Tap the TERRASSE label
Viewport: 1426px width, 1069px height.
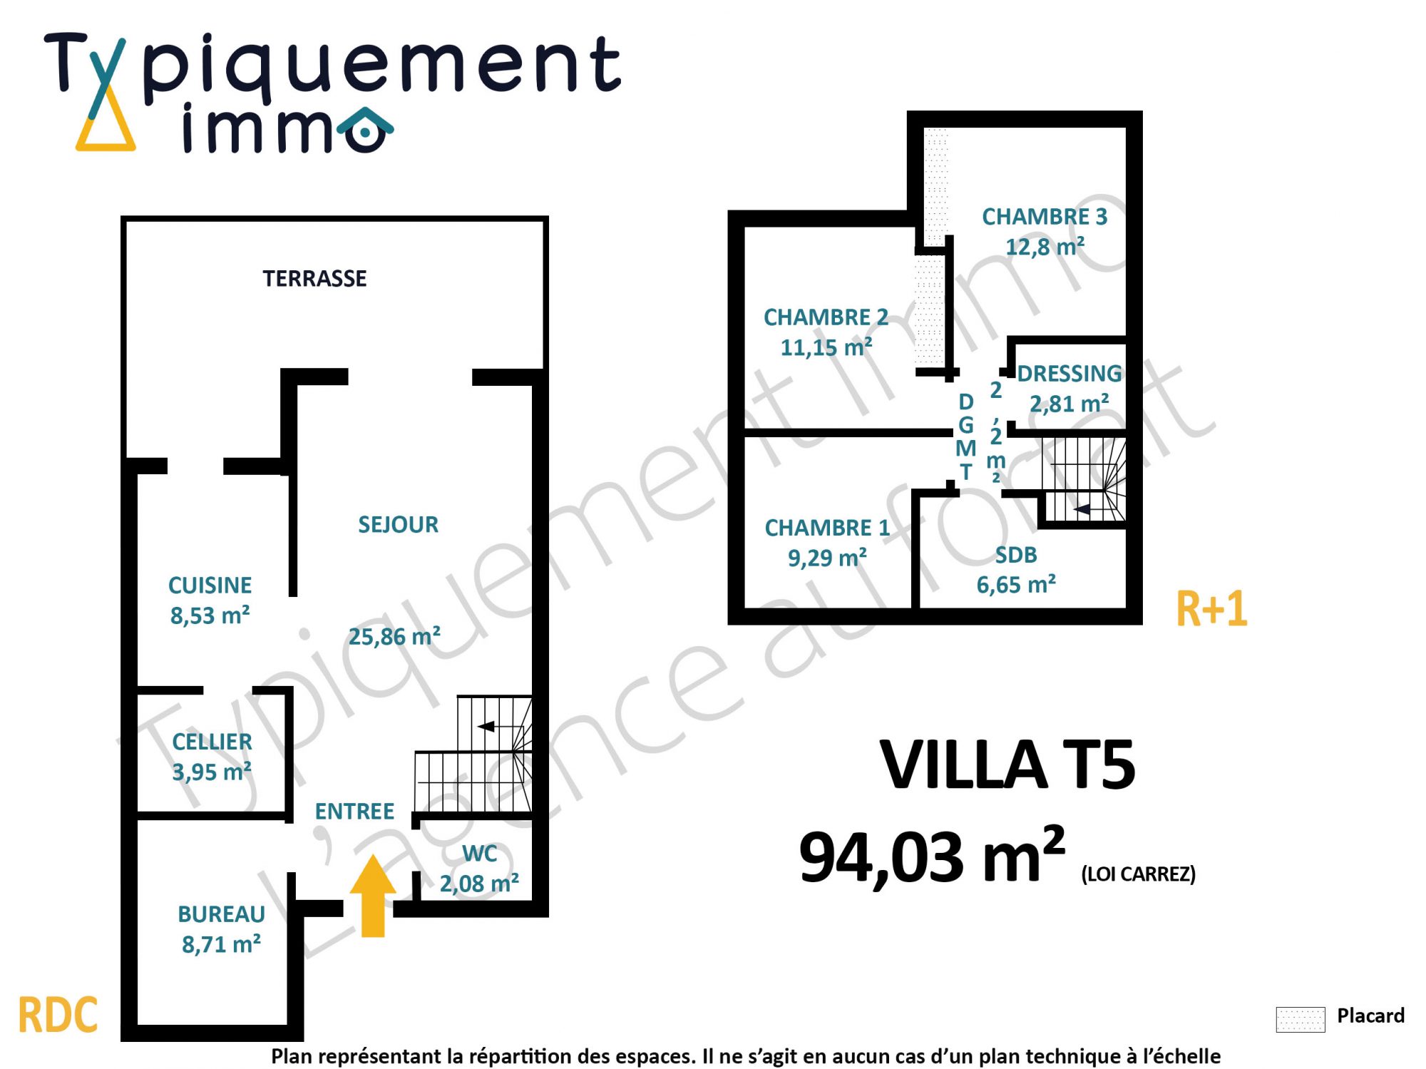[x=314, y=278]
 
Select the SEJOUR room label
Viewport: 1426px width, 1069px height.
[x=398, y=525]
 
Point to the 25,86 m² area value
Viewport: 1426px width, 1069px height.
[x=394, y=636]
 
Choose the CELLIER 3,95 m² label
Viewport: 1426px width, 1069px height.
[x=212, y=757]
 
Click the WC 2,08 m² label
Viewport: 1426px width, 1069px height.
[x=479, y=869]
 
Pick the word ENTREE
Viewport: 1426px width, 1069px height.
[x=354, y=812]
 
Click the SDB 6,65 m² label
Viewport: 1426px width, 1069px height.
[x=1016, y=570]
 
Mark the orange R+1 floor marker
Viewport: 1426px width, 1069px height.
[x=1211, y=609]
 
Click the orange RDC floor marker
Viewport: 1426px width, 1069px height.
[x=58, y=1016]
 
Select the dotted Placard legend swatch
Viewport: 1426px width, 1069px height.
[x=1301, y=1019]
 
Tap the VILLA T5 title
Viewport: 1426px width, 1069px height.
[x=1007, y=765]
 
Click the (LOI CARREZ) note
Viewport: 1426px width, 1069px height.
[x=1138, y=874]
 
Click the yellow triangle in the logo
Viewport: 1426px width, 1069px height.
[x=106, y=128]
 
